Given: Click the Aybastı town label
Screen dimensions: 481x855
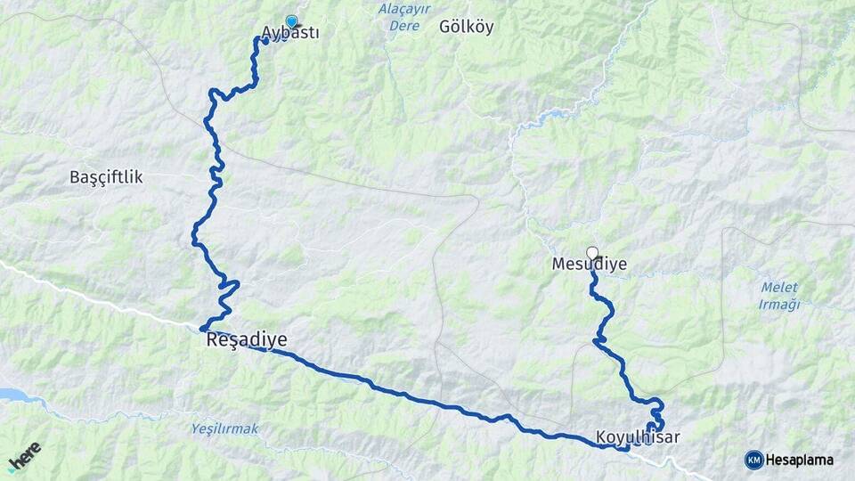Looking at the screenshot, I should [x=290, y=35].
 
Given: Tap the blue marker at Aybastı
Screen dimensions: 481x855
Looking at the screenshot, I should [x=291, y=21].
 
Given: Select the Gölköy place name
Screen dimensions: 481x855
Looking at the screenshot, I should [x=466, y=27].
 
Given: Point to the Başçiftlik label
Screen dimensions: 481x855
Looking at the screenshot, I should [x=106, y=177].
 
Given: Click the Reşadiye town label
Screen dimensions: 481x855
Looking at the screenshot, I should [x=247, y=341].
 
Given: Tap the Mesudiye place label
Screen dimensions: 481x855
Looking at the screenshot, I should [x=590, y=265].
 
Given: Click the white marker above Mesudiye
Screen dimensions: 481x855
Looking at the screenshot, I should [x=592, y=253].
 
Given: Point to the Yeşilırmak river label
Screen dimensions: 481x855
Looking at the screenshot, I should [x=224, y=429].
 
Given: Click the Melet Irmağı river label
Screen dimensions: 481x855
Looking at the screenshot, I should [x=780, y=296].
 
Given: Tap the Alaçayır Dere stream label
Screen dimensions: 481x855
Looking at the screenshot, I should [x=405, y=17].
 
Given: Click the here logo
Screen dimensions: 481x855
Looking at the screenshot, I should [x=24, y=457].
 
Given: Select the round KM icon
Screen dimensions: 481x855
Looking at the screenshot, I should [x=753, y=460].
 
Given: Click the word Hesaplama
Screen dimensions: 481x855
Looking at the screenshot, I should [x=799, y=461].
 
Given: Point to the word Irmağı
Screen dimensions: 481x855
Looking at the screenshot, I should [x=780, y=305].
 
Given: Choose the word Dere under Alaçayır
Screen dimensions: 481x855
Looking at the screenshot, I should [x=404, y=26].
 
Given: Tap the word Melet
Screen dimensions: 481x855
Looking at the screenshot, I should [x=780, y=288].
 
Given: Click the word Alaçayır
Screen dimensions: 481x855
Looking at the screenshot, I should [x=405, y=9].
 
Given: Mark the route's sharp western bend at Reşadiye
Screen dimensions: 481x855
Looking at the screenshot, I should [x=203, y=329].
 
